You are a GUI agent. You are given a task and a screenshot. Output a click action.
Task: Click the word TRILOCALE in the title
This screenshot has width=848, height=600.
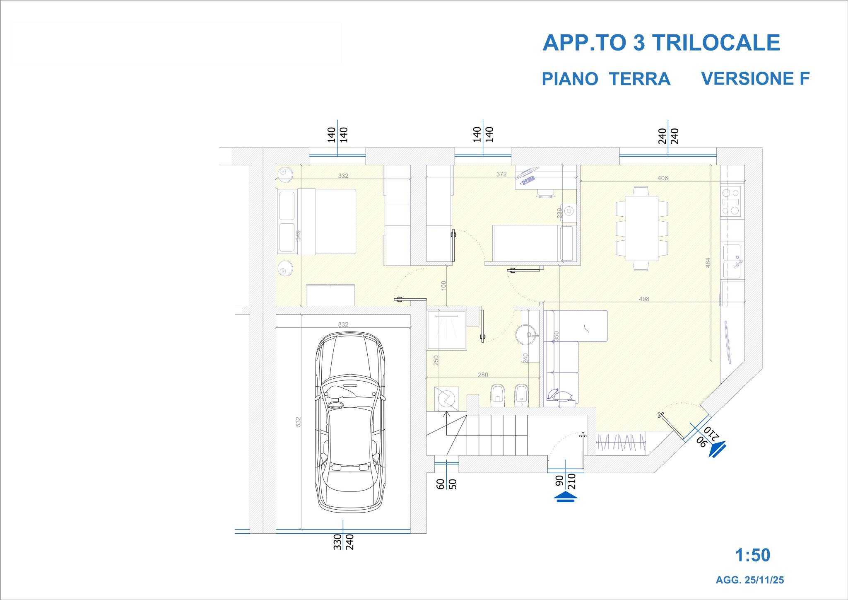pos(716,43)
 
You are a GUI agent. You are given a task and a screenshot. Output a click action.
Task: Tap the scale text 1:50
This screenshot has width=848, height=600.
pos(752,555)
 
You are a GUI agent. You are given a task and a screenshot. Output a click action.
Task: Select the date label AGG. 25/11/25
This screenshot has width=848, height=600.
pos(750,580)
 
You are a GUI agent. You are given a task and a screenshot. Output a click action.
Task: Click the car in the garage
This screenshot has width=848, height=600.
pos(350,422)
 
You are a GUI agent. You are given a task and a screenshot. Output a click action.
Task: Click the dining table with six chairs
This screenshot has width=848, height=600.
pos(641,228)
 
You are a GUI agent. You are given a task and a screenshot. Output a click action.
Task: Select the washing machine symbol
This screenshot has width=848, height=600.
pos(447,399)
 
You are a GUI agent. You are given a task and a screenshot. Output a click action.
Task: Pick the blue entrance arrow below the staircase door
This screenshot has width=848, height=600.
pos(566,497)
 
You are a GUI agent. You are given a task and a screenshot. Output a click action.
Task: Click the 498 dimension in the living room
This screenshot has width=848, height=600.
pos(644,299)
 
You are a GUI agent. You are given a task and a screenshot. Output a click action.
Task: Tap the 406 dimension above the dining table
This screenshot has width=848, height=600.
pos(662,178)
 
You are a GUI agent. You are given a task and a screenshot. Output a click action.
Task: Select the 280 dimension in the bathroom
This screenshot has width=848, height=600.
pos(483,375)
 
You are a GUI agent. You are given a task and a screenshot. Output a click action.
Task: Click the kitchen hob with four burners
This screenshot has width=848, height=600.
pos(731,201)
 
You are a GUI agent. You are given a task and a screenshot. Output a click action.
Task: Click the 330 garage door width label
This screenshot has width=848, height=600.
pos(337,542)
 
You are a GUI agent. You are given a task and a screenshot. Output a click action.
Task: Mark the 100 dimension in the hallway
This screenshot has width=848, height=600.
pos(444,285)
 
